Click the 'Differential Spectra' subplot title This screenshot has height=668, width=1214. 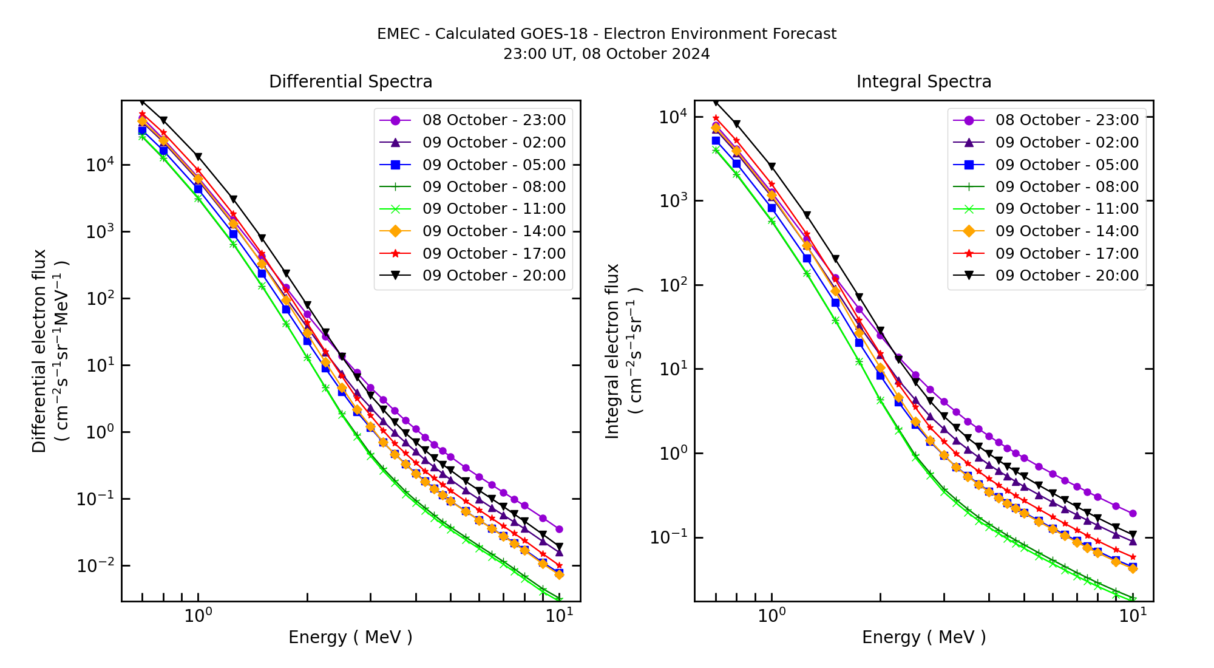click(x=350, y=81)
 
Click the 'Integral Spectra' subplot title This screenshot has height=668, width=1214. click(x=923, y=81)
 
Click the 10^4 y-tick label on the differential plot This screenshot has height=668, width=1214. click(x=97, y=165)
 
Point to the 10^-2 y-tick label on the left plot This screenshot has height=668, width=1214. click(x=95, y=565)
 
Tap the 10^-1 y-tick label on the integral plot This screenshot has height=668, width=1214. click(x=669, y=537)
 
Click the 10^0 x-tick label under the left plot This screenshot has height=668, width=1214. click(x=198, y=616)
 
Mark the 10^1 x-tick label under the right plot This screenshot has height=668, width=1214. click(x=1133, y=616)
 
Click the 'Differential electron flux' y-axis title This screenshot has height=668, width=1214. click(x=40, y=351)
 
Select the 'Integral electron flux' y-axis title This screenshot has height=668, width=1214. click(x=613, y=351)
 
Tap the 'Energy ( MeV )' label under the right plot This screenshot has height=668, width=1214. click(x=923, y=637)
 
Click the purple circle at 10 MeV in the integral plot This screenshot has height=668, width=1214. click(x=1133, y=513)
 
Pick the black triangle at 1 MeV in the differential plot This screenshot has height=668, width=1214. click(x=198, y=157)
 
